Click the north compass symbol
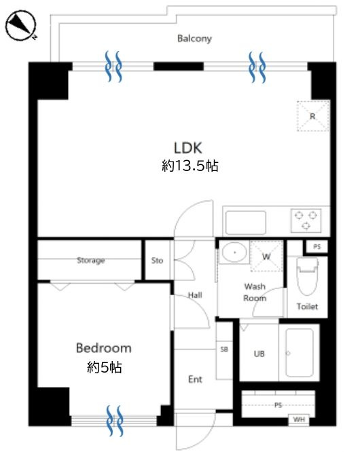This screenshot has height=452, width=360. [21, 25]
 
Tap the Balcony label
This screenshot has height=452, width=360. [194, 39]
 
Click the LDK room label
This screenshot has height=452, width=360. [187, 148]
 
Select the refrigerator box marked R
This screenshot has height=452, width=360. [313, 116]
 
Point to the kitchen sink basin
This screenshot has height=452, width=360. [246, 223]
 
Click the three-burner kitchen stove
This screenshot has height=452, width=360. [306, 221]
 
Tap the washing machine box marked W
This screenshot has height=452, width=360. [266, 256]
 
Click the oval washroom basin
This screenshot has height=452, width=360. [234, 252]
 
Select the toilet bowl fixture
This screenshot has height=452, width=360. [308, 276]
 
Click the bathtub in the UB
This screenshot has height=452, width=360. [300, 352]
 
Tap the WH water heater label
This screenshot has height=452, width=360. [299, 419]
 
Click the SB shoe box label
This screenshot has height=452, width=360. [224, 350]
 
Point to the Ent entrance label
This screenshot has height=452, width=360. [195, 379]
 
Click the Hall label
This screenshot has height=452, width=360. [195, 295]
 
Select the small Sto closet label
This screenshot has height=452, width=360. [157, 261]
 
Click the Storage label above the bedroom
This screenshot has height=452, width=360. [90, 261]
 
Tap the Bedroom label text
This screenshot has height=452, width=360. [103, 348]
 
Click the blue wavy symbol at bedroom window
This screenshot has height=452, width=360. [115, 421]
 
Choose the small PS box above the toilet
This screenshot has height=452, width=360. [317, 247]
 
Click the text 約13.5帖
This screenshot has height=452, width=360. [190, 166]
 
